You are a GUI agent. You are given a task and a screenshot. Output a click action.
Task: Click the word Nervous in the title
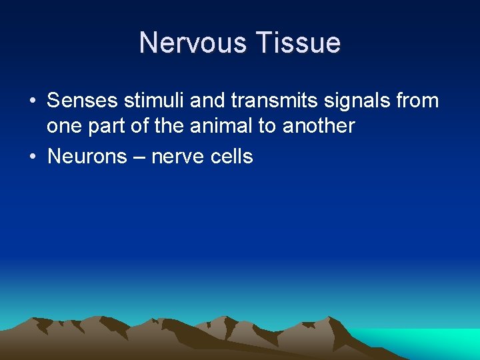[191, 43]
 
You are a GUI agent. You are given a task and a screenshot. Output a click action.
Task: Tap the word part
[107, 126]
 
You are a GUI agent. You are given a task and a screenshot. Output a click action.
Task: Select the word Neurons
[87, 157]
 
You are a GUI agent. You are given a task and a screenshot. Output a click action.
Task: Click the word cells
[232, 157]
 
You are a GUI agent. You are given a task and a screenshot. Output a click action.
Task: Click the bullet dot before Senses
[32, 102]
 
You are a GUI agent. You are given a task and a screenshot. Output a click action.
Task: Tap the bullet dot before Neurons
[32, 157]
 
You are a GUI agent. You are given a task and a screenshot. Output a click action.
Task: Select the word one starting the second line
[64, 126]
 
